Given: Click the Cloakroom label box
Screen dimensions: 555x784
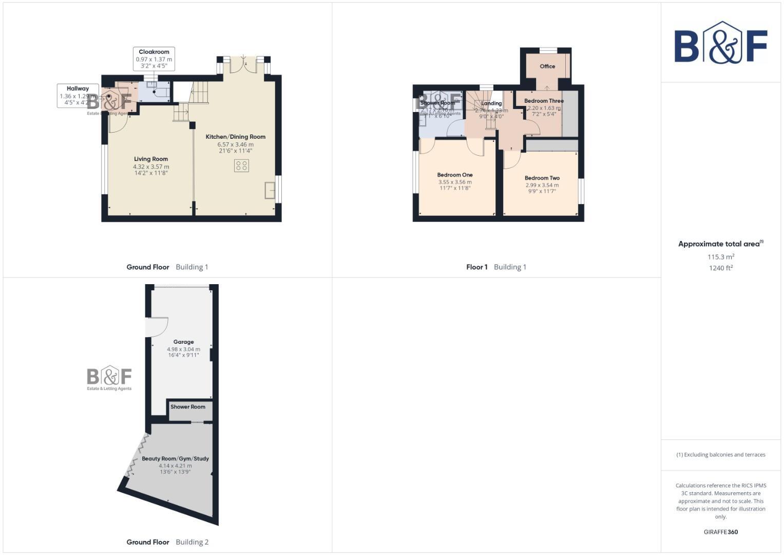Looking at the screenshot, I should coord(154,59).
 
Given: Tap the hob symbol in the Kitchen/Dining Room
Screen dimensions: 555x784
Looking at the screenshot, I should coord(241,165).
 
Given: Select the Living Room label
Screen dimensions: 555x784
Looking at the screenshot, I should coord(151,159).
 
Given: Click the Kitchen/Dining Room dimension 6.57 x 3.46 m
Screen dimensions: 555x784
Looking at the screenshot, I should coord(236,144).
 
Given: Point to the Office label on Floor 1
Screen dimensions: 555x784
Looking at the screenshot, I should coord(547,66).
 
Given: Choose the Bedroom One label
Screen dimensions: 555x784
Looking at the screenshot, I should coord(455,175).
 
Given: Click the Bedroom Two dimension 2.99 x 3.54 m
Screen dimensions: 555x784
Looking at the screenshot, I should coord(542,185).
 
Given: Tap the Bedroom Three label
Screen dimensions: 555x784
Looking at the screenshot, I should coord(544,101).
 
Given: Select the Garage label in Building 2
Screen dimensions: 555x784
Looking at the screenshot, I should coord(183,342).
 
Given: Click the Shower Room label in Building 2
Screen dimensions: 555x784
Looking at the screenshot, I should coord(188,406).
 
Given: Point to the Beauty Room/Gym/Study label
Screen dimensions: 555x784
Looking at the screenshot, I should coord(175,458).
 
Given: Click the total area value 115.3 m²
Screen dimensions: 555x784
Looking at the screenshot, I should coord(721,256).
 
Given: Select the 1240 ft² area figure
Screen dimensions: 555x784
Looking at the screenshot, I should coord(721,268).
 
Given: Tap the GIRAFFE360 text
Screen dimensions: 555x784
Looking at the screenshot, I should coord(721,532).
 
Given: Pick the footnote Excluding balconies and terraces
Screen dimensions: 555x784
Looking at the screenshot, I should coord(721,454).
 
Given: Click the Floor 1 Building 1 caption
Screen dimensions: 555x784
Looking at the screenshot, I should coord(496,267).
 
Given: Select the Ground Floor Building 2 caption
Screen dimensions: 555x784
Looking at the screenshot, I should coord(167,542).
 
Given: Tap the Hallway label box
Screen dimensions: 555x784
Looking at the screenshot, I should coord(77,96).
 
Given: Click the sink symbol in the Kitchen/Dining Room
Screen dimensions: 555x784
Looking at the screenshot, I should coord(270,190).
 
